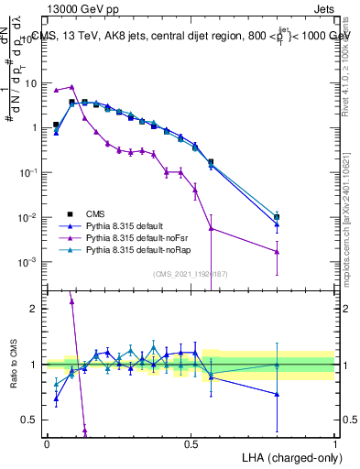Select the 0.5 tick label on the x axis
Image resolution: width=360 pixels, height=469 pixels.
[191, 443]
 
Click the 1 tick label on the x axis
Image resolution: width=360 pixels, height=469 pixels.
[335, 443]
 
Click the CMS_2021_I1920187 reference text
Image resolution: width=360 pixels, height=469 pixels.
[191, 275]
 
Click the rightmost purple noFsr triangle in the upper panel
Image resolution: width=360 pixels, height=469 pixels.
[277, 251]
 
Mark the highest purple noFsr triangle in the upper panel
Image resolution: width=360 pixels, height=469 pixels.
[71, 87]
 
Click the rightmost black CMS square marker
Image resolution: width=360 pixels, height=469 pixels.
[277, 217]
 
